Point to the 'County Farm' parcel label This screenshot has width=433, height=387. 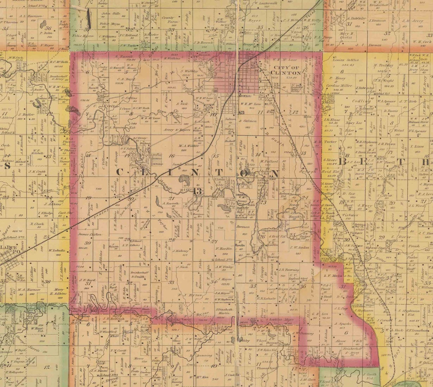click(x=168, y=20)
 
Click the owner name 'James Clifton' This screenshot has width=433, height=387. click(x=90, y=234)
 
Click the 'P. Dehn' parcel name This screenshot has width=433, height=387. click(x=45, y=33)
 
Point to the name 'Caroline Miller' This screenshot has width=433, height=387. click(x=340, y=86)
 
